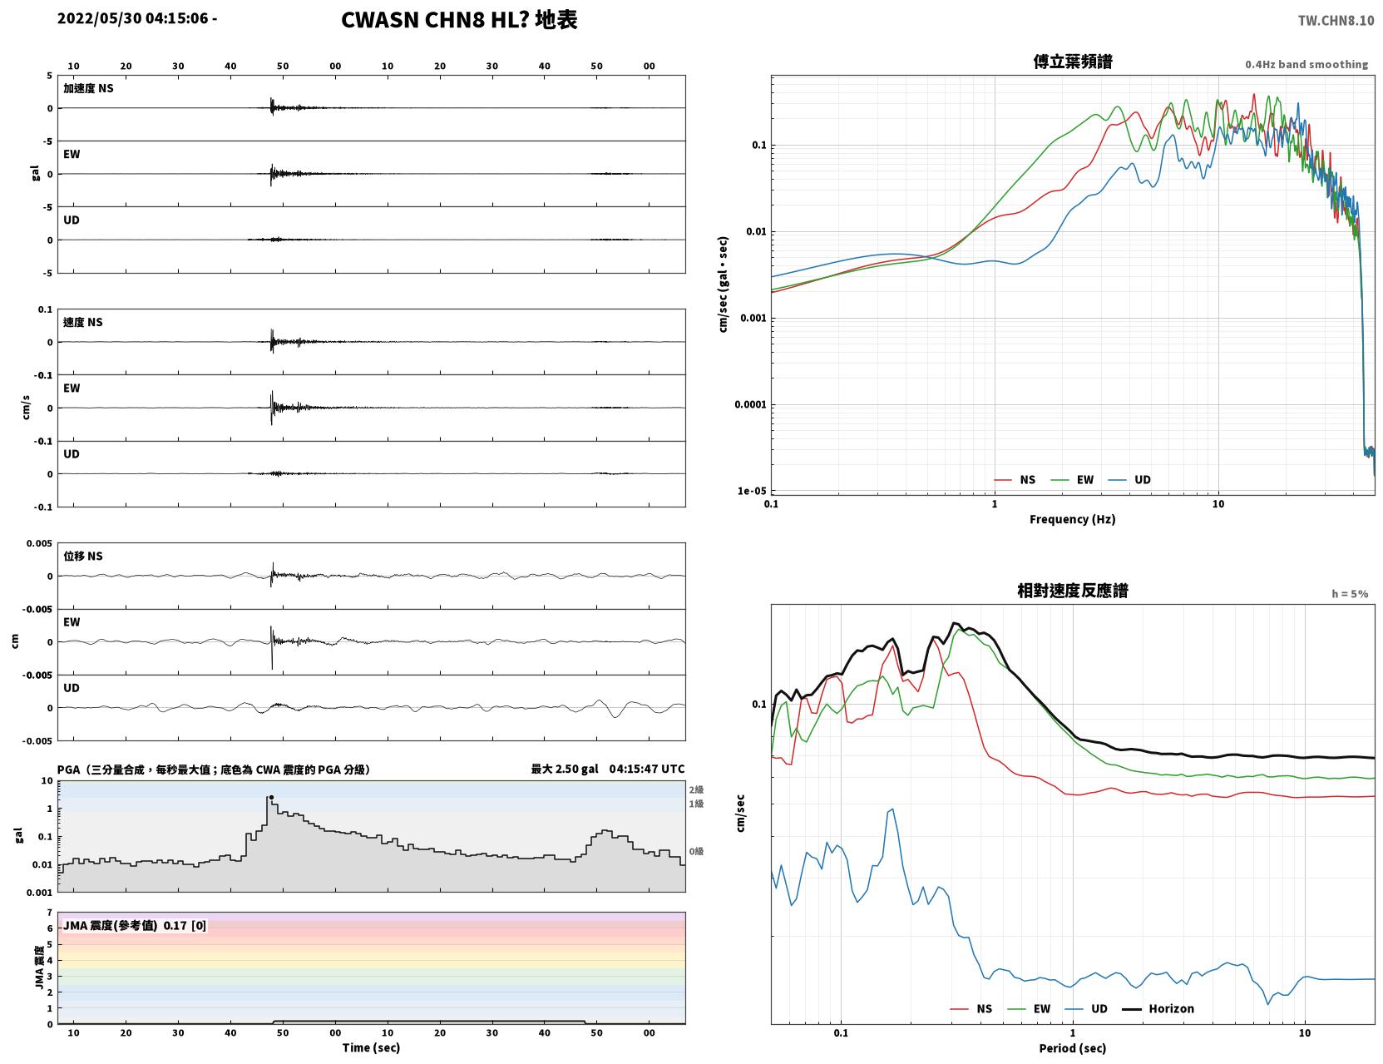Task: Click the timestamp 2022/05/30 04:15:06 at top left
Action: point(132,17)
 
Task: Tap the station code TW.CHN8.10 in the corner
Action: point(1336,20)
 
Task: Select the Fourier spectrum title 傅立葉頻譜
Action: point(1073,62)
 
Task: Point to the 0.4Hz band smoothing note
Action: point(1306,64)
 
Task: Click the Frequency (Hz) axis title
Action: point(1072,519)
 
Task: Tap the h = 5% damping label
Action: point(1349,594)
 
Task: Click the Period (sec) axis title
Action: point(1072,1048)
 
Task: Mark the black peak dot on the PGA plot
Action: point(271,797)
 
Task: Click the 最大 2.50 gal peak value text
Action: point(564,769)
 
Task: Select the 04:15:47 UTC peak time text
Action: point(646,769)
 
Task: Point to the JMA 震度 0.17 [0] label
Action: point(134,925)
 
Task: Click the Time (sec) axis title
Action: point(371,1047)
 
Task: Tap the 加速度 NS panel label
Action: point(88,88)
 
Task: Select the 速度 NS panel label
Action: point(82,322)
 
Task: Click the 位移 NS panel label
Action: point(82,557)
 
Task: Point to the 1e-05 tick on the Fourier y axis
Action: point(752,491)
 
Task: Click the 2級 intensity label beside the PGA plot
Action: point(695,789)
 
